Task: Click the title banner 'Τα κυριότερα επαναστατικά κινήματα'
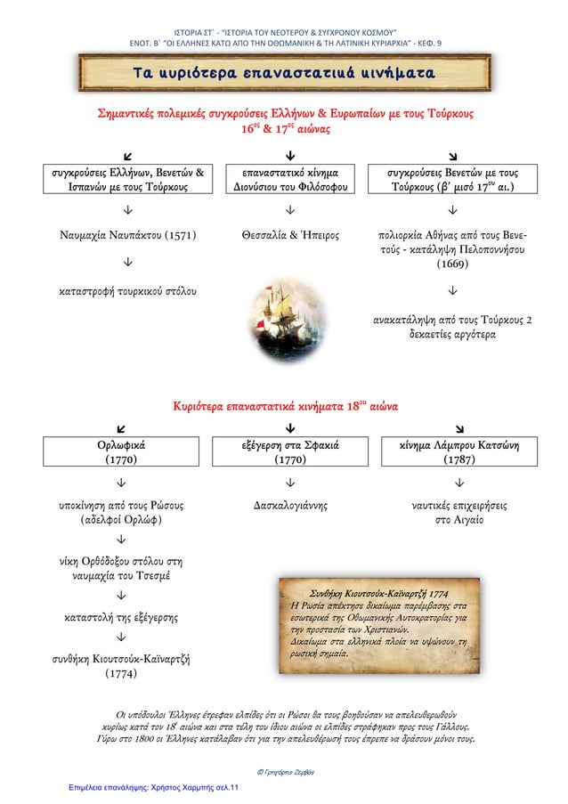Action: pyautogui.click(x=284, y=73)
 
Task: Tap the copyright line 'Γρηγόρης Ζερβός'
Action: pyautogui.click(x=285, y=769)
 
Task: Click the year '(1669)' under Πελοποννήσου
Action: pyautogui.click(x=454, y=264)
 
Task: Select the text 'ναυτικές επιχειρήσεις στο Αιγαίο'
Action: pyautogui.click(x=454, y=513)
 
